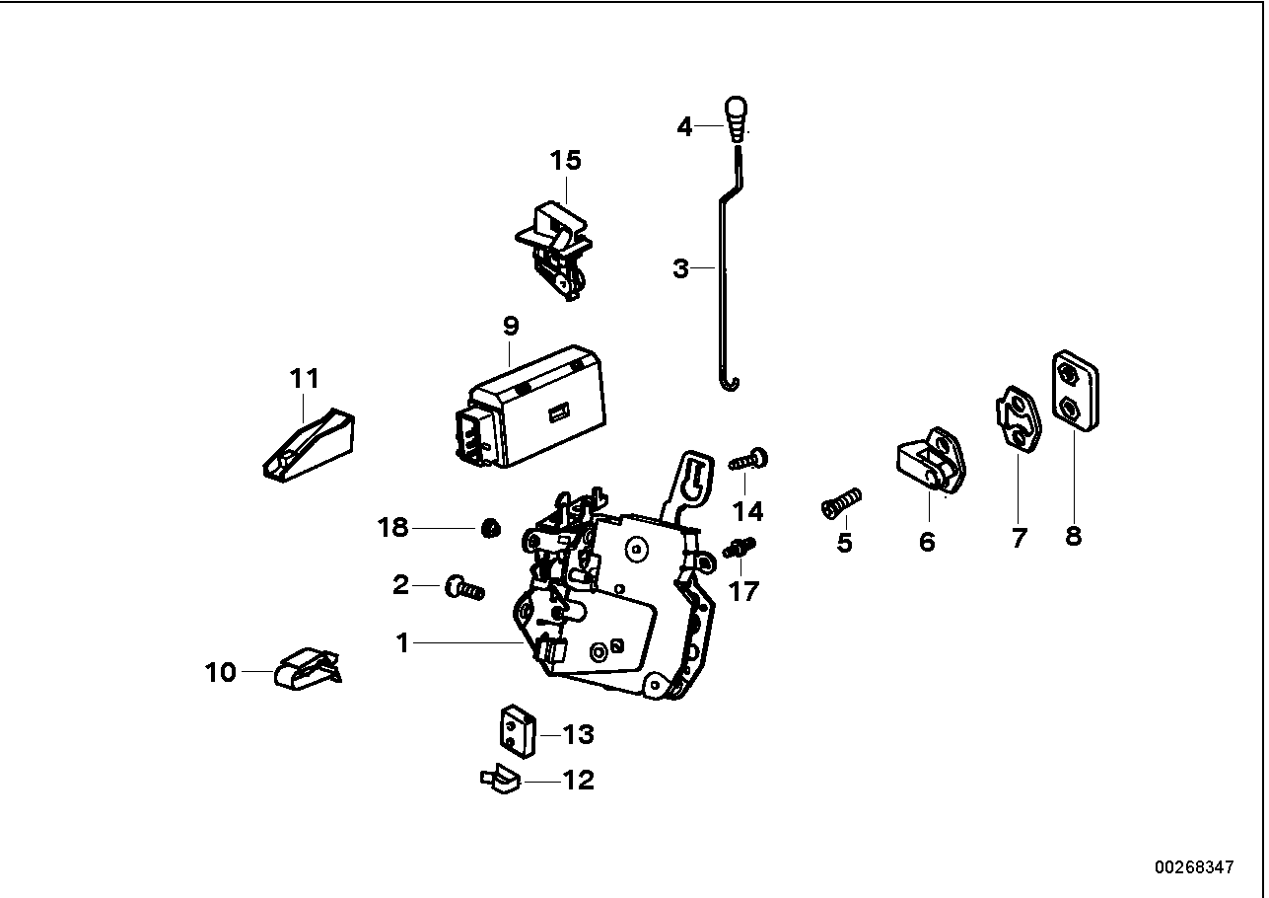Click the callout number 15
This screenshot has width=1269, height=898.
click(x=566, y=160)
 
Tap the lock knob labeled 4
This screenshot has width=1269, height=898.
click(x=737, y=118)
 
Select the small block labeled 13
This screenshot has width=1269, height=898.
click(x=514, y=730)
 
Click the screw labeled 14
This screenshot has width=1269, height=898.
click(x=749, y=460)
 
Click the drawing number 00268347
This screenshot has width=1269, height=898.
click(x=1194, y=867)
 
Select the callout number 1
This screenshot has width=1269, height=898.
click(x=402, y=643)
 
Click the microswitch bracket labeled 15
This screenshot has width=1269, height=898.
click(x=556, y=249)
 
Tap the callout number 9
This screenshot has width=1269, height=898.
click(x=510, y=325)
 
